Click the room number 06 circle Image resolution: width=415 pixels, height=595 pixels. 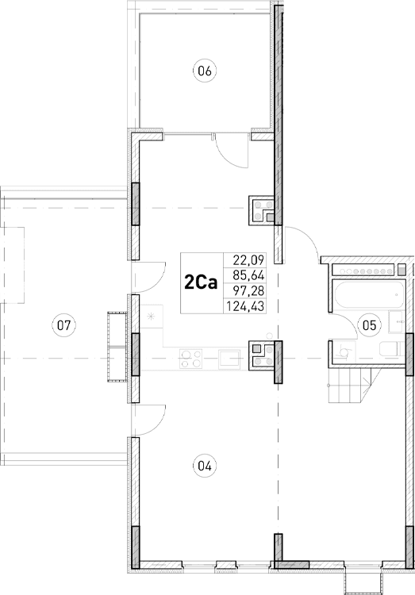(205, 71)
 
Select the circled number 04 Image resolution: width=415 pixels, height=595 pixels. (205, 466)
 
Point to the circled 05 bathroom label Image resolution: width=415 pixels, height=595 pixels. (369, 324)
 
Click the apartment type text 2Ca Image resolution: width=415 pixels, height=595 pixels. (202, 283)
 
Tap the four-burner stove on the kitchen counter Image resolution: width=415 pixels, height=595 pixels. (190, 359)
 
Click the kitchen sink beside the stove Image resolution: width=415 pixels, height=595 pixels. (230, 359)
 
